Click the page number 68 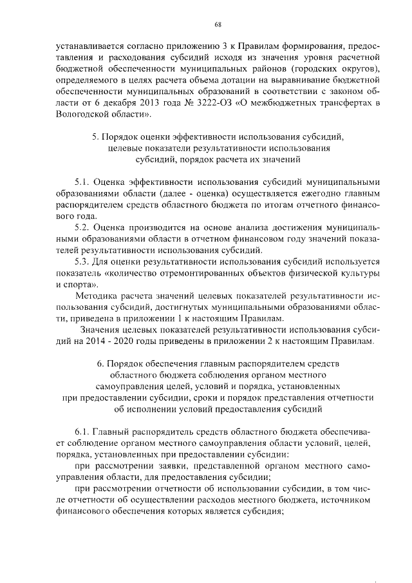(218, 24)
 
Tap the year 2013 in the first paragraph (149, 104)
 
